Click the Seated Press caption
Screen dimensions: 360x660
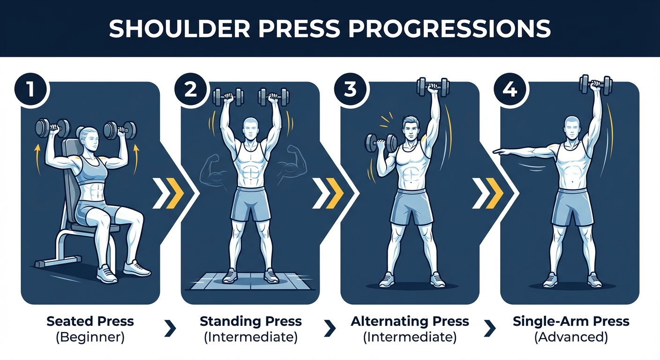point(90,322)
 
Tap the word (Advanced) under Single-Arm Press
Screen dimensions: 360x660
point(570,337)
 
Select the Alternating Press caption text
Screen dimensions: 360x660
point(410,322)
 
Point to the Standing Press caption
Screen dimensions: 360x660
point(251,322)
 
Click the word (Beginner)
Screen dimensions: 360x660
point(90,337)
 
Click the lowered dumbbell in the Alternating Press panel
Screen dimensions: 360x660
point(380,143)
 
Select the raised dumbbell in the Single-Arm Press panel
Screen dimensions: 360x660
point(596,85)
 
